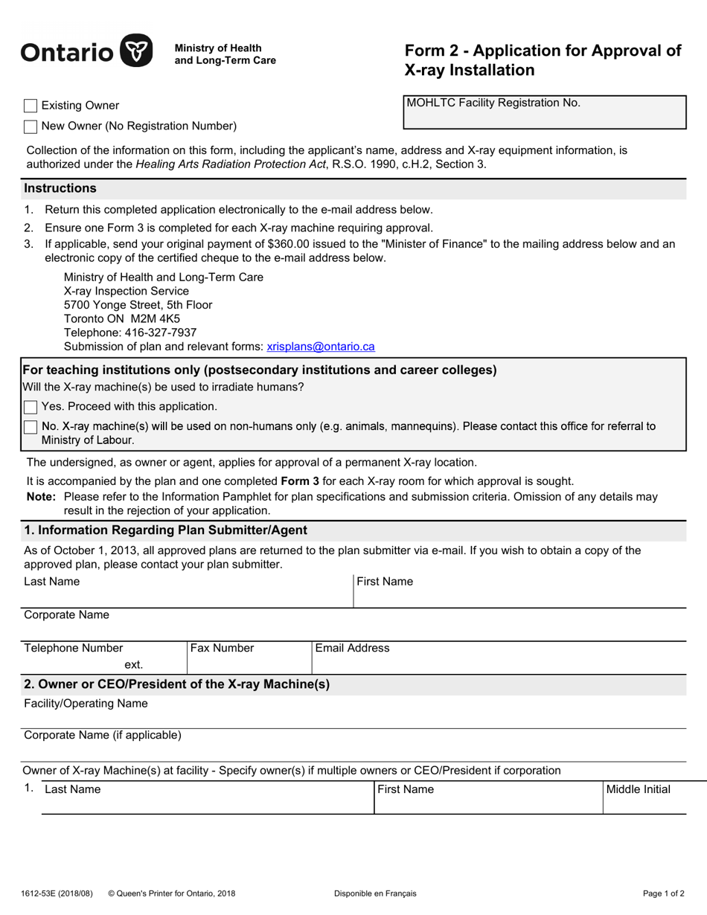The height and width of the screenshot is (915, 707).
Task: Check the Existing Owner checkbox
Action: coord(31,106)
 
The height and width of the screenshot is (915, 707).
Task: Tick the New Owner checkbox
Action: coord(31,126)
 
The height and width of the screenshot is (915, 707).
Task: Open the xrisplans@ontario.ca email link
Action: coord(321,347)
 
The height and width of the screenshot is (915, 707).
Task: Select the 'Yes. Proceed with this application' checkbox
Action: coord(31,407)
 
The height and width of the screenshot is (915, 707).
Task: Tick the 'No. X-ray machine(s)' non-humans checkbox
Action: coord(31,427)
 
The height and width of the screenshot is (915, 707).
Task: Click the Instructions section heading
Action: coord(60,188)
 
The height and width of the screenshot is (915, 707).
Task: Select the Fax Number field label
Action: coord(222,648)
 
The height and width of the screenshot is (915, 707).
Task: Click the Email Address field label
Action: coord(352,648)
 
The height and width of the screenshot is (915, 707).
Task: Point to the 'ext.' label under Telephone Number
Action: coord(134,665)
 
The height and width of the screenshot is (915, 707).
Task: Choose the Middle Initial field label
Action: coord(638,789)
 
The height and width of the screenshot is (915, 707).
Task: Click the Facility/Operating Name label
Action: coord(86,703)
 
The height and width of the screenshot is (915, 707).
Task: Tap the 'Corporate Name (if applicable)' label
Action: coord(103,735)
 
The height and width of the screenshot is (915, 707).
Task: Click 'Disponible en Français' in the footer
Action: coord(375,893)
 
